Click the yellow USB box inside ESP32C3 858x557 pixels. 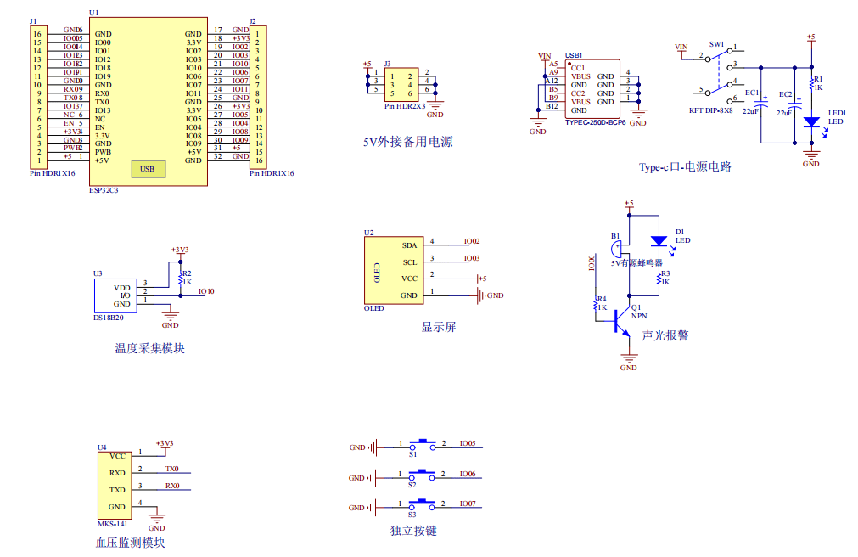(148, 169)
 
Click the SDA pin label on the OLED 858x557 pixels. (409, 244)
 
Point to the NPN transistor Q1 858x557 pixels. (625, 319)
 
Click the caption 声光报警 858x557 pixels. (665, 335)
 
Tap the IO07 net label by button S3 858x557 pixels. (468, 504)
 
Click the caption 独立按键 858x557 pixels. (413, 531)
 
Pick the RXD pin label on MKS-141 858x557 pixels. (117, 473)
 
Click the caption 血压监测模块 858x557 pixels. (131, 543)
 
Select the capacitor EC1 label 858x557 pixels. (752, 93)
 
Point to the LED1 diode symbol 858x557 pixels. (811, 123)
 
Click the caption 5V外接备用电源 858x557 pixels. (408, 142)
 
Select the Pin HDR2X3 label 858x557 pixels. (405, 106)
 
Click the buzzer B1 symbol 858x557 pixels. (617, 249)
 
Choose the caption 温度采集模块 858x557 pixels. (149, 348)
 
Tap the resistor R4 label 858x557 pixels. (601, 299)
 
